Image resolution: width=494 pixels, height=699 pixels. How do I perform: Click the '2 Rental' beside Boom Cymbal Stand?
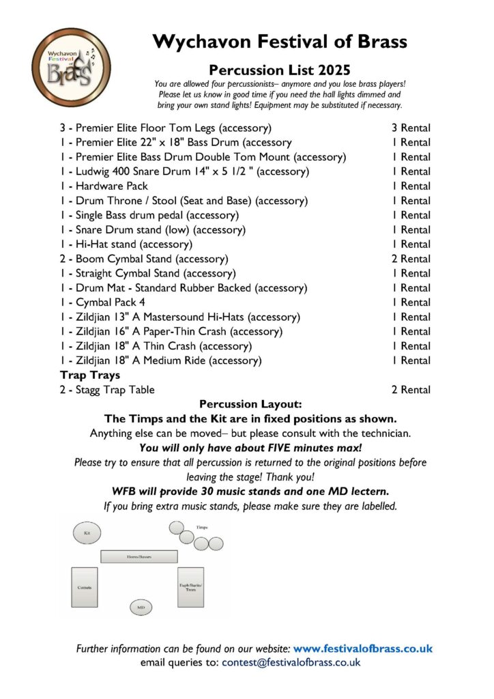tap(411, 259)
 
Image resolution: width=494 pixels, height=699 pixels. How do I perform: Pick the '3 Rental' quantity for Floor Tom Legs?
tap(411, 128)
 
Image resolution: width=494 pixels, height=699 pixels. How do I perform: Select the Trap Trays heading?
tap(89, 375)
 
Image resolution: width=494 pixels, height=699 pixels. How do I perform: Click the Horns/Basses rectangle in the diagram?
tap(139, 556)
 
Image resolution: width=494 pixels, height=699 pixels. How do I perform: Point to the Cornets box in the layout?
tap(85, 587)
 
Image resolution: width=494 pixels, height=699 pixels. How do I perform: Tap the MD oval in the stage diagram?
tap(141, 607)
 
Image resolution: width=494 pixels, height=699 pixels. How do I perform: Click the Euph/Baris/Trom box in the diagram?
tap(190, 587)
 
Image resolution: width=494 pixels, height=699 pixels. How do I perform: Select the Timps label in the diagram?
tap(202, 528)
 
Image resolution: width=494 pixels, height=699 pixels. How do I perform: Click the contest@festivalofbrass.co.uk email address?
tap(291, 662)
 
